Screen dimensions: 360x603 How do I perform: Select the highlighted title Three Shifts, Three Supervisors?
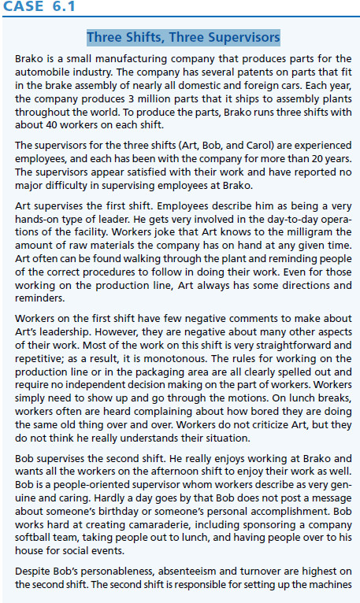click(183, 37)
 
